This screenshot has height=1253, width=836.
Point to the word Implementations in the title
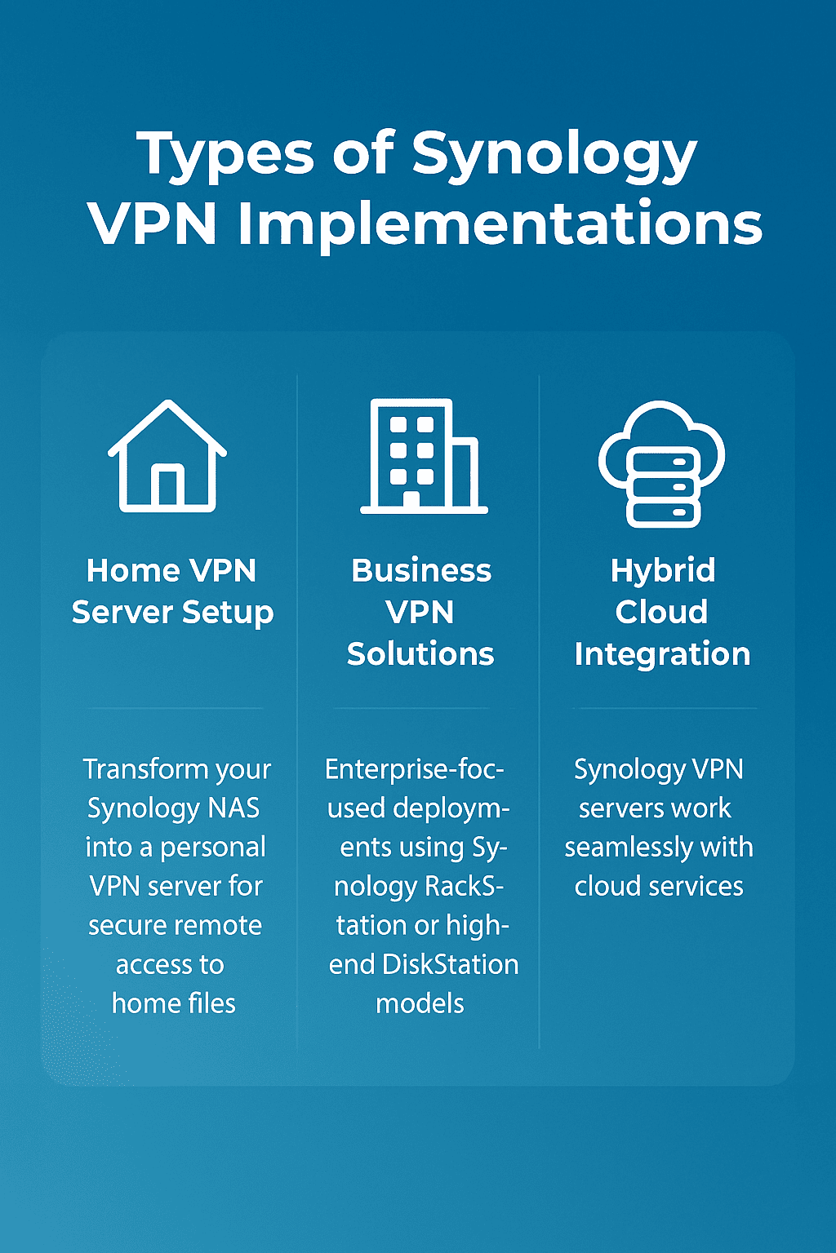pos(500,224)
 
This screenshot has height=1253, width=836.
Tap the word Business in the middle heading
pos(421,571)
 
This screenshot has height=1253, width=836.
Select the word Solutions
pos(420,654)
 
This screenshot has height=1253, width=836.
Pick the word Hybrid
pos(663,571)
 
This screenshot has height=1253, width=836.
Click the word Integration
pos(662,654)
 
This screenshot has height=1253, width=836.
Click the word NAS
pos(233,808)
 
